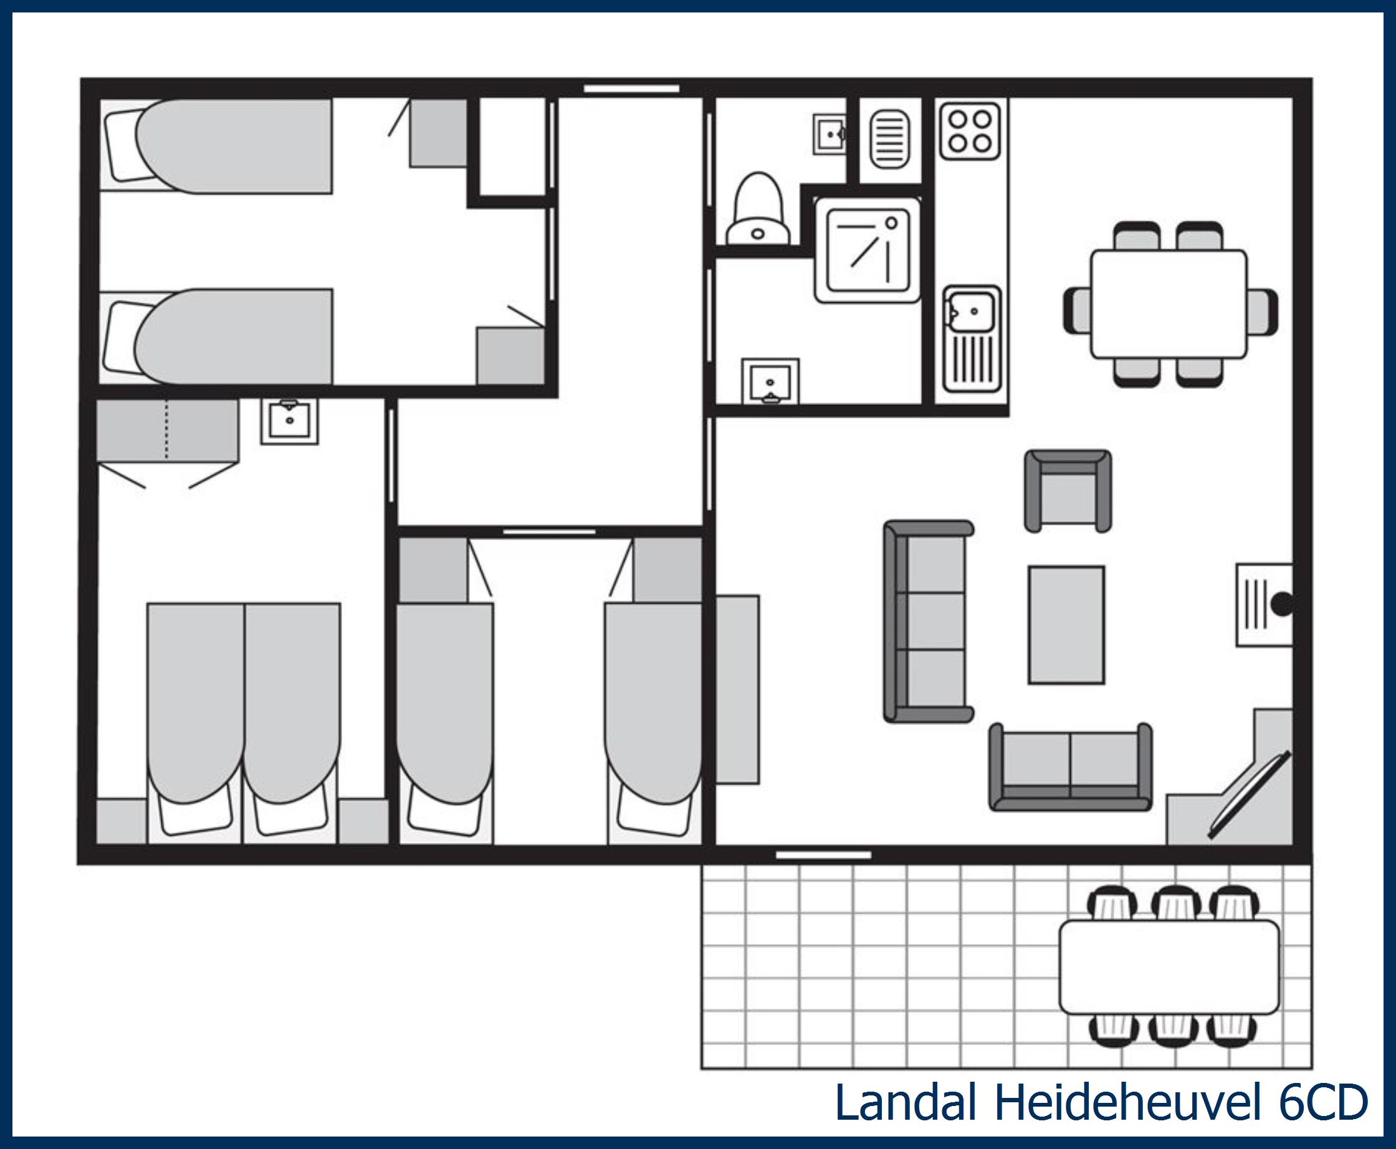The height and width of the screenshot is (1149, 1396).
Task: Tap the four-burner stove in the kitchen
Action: click(x=970, y=130)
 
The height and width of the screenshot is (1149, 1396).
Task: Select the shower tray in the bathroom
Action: click(x=868, y=250)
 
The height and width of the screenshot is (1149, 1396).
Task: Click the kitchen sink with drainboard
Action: click(x=972, y=338)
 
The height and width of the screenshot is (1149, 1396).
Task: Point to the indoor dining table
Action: click(x=1169, y=304)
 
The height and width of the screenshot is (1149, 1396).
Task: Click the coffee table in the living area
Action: click(x=1066, y=625)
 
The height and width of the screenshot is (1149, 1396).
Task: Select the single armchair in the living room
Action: click(x=1068, y=491)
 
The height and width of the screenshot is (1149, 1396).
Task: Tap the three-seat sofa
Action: click(x=928, y=621)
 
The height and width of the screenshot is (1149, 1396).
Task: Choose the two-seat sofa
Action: click(x=1070, y=767)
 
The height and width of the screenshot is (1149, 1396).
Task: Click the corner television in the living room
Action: click(x=1250, y=794)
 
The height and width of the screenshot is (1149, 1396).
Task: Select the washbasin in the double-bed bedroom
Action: click(x=289, y=421)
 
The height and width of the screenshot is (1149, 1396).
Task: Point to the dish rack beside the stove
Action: click(x=889, y=139)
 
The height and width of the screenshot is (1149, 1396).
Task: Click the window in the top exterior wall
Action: click(x=631, y=88)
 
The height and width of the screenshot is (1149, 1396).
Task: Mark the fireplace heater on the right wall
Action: click(x=1265, y=604)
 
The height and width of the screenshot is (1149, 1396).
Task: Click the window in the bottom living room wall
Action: click(x=823, y=855)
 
